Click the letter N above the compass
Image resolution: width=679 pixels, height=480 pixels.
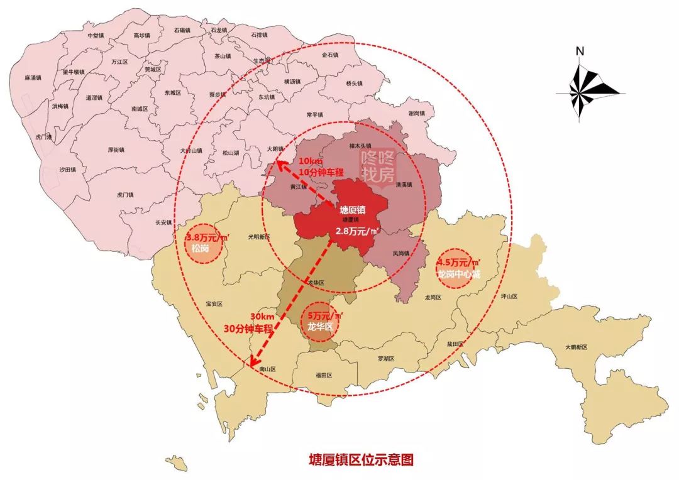tap(580, 51)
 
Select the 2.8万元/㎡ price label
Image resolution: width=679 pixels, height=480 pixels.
tap(356, 231)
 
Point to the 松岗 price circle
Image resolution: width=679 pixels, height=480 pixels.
tap(204, 243)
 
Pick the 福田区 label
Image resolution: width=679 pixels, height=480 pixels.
tap(324, 375)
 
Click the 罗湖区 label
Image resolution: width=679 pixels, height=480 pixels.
tap(385, 359)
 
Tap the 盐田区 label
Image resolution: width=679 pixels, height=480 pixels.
tap(455, 344)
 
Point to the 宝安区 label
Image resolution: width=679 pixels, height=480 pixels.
tap(214, 303)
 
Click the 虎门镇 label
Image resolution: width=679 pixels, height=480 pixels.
tap(125, 195)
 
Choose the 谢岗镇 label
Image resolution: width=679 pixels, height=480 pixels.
tap(417, 114)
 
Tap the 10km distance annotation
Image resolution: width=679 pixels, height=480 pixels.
tap(311, 162)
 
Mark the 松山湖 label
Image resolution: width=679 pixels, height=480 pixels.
tap(231, 152)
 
